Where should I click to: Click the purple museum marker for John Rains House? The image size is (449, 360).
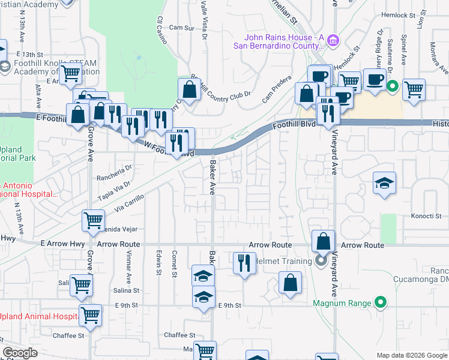[334, 41]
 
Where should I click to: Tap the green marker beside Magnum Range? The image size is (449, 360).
[379, 303]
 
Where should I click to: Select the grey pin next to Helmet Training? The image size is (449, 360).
[320, 260]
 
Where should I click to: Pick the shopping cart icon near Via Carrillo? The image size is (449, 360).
[93, 220]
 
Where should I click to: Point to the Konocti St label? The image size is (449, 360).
[426, 216]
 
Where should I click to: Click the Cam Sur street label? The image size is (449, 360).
[182, 28]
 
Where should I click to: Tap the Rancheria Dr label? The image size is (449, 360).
[114, 170]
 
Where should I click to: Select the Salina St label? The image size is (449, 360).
[126, 290]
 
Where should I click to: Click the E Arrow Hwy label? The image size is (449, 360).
[60, 244]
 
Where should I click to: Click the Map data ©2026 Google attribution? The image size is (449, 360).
[412, 355]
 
